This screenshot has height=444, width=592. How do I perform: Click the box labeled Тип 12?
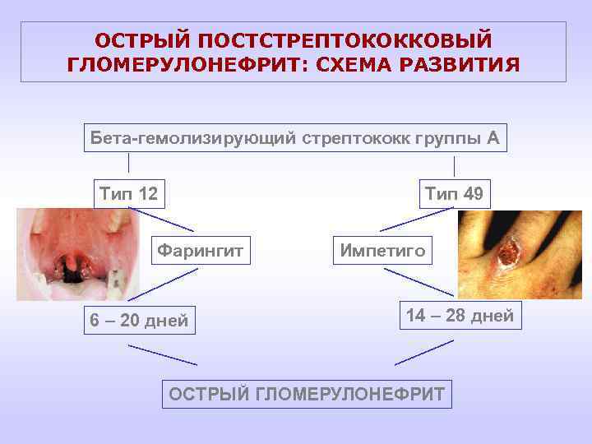point(128,194)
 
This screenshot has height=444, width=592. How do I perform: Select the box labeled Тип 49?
point(454,194)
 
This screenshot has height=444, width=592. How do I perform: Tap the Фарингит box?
point(200,250)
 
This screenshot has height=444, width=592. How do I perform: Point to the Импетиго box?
point(383,250)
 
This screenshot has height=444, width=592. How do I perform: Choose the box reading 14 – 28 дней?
point(460,315)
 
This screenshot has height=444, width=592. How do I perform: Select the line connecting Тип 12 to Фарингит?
point(161,219)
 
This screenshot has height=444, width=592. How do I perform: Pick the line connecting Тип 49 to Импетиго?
point(416,219)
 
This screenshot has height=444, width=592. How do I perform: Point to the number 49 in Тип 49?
point(473,194)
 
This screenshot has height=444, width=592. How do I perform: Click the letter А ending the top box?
point(493,137)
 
